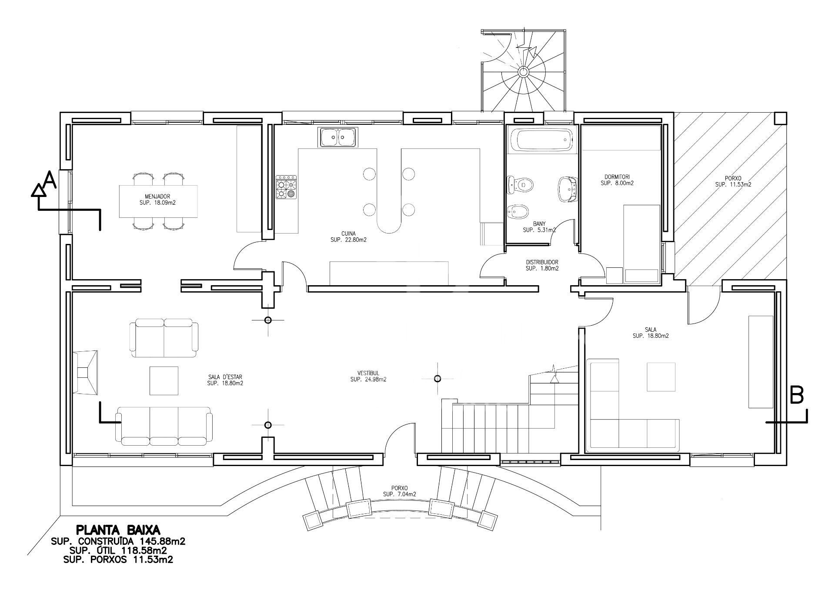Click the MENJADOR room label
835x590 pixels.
pos(157,197)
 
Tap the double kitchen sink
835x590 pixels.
pos(338,137)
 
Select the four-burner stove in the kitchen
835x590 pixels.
pos(286,187)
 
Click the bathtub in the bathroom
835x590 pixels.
pos(541,140)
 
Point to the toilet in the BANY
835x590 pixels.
pos(520,185)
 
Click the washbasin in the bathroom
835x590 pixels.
pos(568,189)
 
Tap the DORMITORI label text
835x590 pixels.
pos(617,177)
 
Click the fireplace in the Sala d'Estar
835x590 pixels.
pos(85,373)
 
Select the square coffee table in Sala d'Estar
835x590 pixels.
pos(164,381)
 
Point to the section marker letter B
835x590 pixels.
pos(796,396)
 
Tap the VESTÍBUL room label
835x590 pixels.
pos(368,373)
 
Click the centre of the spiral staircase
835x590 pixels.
pos(523,72)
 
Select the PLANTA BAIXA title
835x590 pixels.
pos(118,530)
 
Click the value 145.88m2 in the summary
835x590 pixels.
pos(163,541)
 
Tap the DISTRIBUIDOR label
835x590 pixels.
pos(542,262)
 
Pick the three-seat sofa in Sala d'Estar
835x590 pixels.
pos(164,426)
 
